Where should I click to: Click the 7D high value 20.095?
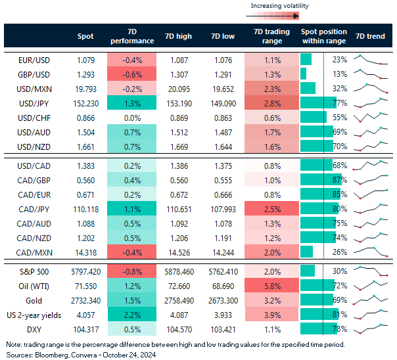coord(178,88)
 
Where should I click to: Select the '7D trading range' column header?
coord(269,35)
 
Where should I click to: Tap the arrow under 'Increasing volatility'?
coord(278,17)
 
